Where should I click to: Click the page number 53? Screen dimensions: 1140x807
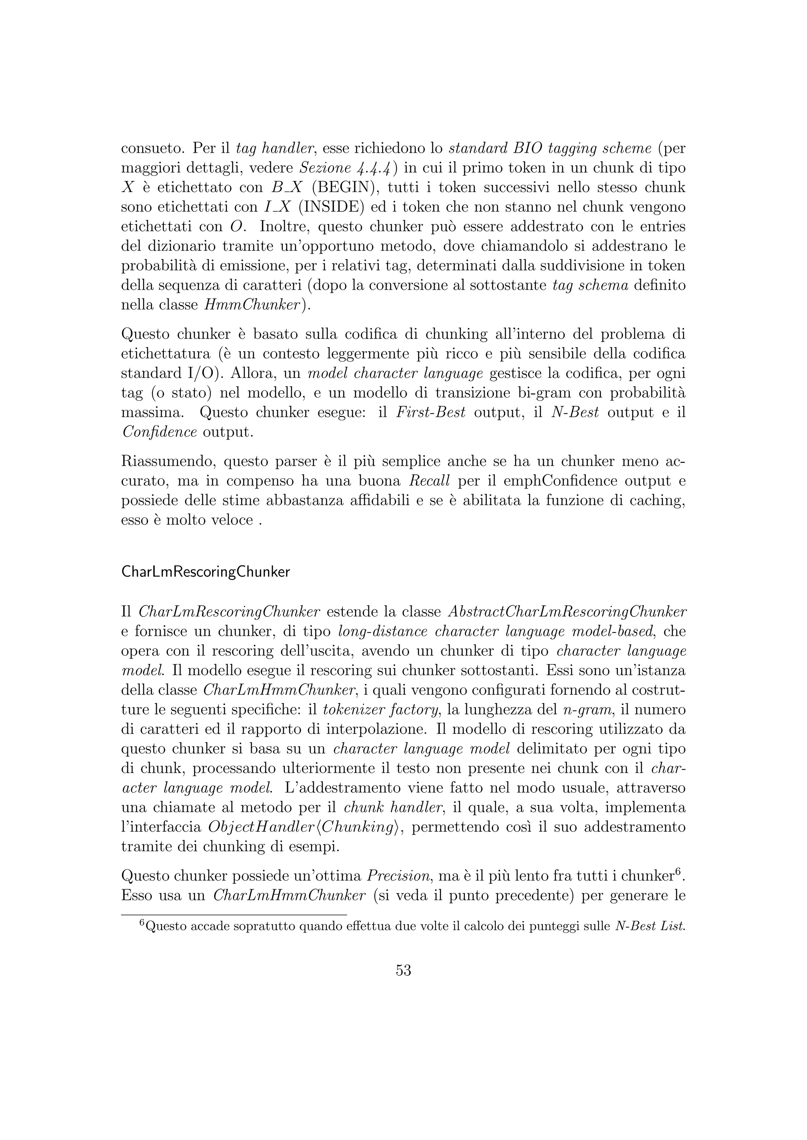[x=403, y=970]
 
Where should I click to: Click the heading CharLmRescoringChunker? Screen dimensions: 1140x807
[x=205, y=572]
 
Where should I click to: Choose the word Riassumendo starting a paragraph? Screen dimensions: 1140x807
[x=168, y=461]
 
